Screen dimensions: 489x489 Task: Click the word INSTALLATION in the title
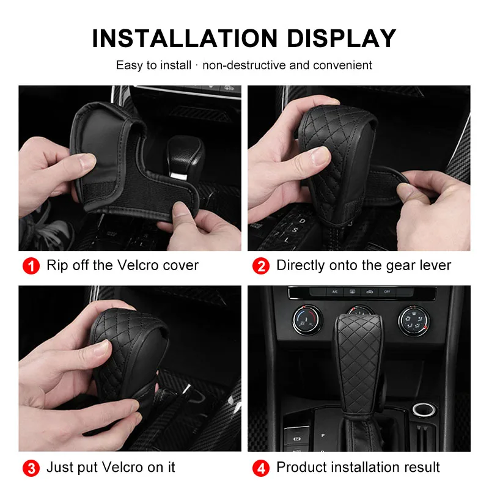[185, 39]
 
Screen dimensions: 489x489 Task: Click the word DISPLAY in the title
[342, 39]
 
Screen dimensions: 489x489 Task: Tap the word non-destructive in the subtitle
[244, 65]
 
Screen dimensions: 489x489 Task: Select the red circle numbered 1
[31, 266]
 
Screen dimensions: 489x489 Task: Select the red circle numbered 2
[261, 266]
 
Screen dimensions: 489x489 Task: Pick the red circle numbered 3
[31, 468]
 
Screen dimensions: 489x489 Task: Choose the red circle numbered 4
[261, 468]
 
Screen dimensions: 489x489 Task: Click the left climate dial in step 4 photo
[307, 320]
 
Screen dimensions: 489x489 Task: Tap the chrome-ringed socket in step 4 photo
[424, 410]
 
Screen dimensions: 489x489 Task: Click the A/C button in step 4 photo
[335, 292]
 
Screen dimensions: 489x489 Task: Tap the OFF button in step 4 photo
[387, 292]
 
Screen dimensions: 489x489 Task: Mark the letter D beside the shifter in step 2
[302, 221]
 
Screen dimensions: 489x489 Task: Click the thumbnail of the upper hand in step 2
[320, 156]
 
